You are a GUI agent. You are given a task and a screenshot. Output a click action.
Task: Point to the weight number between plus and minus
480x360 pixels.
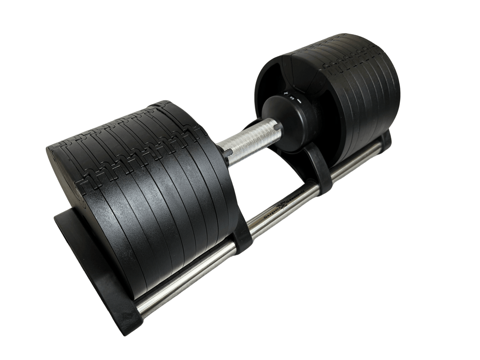pos(293,98)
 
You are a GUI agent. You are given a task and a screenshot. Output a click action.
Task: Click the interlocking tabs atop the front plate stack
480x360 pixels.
pos(130,134)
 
